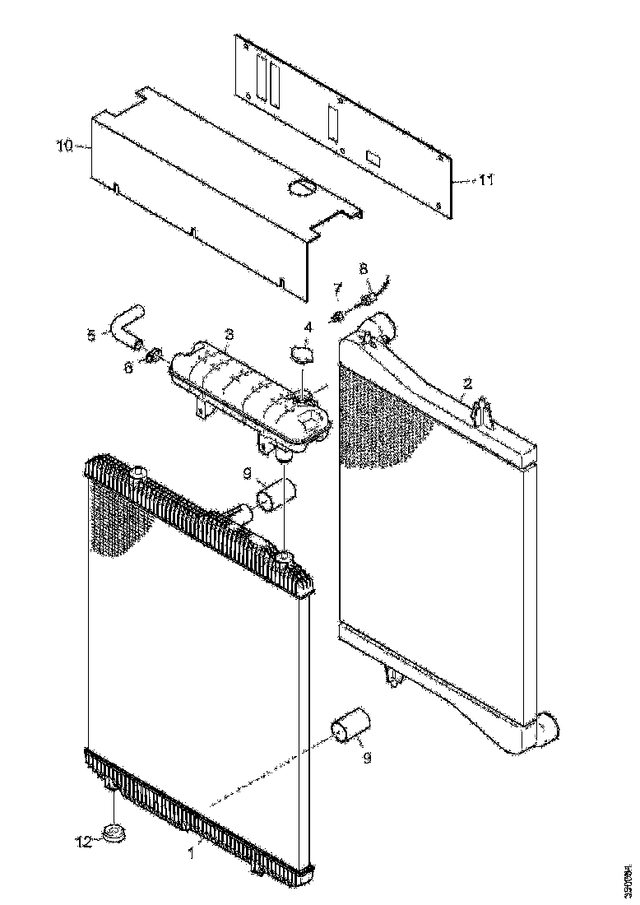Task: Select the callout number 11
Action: tap(486, 179)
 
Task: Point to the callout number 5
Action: tap(91, 335)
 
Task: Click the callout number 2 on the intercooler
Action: tap(467, 383)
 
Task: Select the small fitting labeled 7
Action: tap(336, 316)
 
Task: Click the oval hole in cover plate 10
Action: tap(301, 187)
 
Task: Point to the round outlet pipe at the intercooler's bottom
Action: tap(545, 729)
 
